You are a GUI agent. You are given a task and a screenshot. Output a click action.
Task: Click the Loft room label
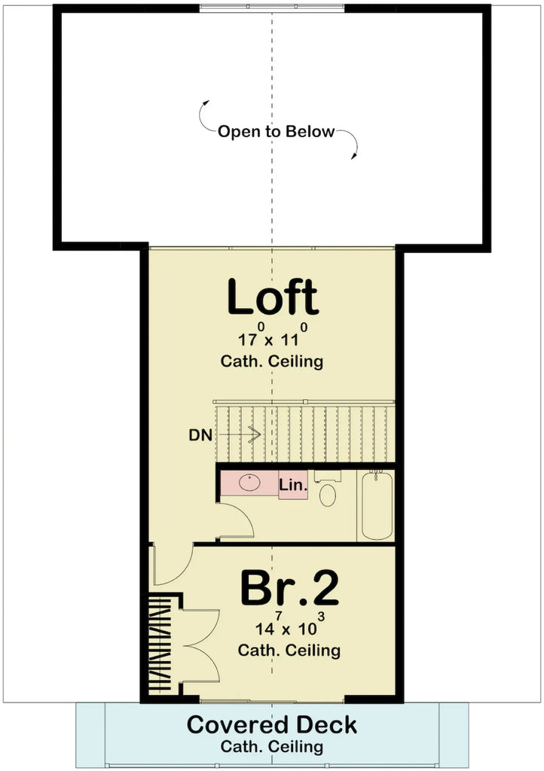[x=272, y=298]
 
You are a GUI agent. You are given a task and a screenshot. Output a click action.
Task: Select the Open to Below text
[x=276, y=132]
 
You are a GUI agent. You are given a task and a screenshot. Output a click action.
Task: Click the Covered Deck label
[x=272, y=725]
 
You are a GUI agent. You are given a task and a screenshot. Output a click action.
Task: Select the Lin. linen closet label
[x=293, y=486]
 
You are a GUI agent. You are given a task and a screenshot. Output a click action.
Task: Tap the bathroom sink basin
[x=249, y=483]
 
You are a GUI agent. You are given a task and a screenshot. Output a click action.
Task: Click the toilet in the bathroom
[x=328, y=493]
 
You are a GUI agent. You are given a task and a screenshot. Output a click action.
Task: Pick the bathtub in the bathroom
[x=376, y=504]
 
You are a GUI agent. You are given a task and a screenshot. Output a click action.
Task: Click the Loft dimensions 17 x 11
[x=271, y=338]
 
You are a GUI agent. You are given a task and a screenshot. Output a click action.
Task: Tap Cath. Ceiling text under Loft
[x=272, y=361]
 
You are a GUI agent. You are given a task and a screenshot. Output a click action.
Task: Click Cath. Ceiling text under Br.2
[x=289, y=650]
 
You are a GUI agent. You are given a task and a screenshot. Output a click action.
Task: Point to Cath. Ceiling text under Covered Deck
[x=272, y=747]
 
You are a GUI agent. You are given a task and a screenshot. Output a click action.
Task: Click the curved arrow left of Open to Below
[x=203, y=113]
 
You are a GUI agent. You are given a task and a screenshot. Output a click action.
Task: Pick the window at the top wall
[x=273, y=9]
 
